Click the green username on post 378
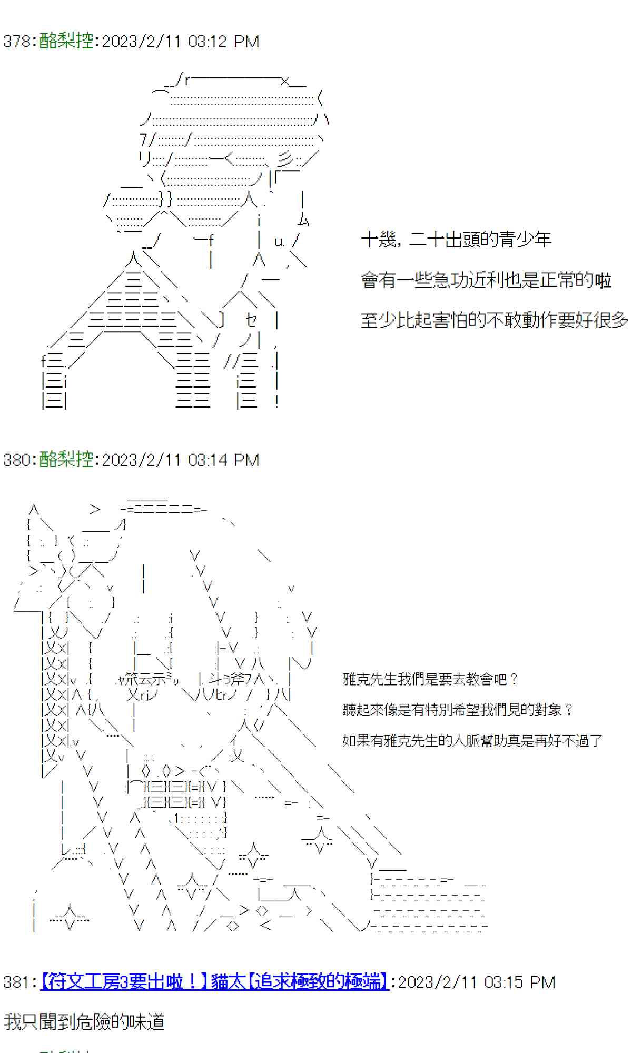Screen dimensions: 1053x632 [x=66, y=41]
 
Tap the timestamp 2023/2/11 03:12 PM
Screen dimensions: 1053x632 [x=180, y=42]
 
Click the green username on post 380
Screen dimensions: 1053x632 [x=66, y=459]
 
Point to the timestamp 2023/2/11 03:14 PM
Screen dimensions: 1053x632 [x=180, y=460]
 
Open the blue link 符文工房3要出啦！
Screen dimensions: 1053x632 [x=124, y=982]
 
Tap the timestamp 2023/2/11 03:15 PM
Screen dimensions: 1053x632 [x=476, y=982]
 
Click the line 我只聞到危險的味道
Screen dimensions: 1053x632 [x=84, y=1021]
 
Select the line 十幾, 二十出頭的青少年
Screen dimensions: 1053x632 [x=456, y=240]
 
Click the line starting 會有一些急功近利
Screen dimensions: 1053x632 [x=486, y=280]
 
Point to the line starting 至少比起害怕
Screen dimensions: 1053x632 [x=494, y=320]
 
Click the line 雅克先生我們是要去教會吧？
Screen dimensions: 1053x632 [x=430, y=679]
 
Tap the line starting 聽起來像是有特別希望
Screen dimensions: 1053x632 [x=457, y=710]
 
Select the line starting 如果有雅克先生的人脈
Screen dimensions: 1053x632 [x=472, y=741]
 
